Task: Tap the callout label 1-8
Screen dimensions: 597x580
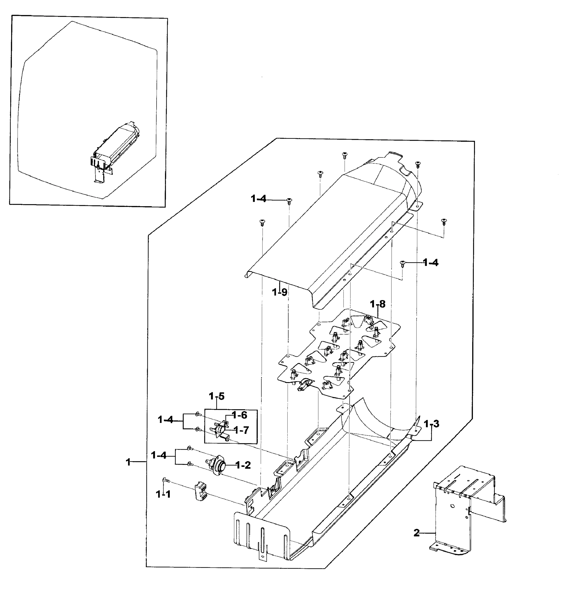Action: [x=378, y=304]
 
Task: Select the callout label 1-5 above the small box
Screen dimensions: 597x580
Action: [x=216, y=396]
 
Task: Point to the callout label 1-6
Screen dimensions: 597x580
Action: [x=239, y=415]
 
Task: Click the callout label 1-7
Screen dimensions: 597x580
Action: [x=241, y=430]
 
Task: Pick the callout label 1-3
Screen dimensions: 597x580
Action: [x=431, y=424]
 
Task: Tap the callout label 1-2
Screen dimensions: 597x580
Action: [x=243, y=465]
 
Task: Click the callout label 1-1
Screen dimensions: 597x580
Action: [x=163, y=494]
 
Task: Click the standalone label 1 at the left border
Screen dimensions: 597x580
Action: [x=128, y=462]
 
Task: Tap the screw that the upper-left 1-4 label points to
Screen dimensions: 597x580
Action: [x=289, y=201]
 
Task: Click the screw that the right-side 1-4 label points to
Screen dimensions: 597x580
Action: [x=403, y=263]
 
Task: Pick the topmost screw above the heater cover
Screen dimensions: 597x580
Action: [x=345, y=155]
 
